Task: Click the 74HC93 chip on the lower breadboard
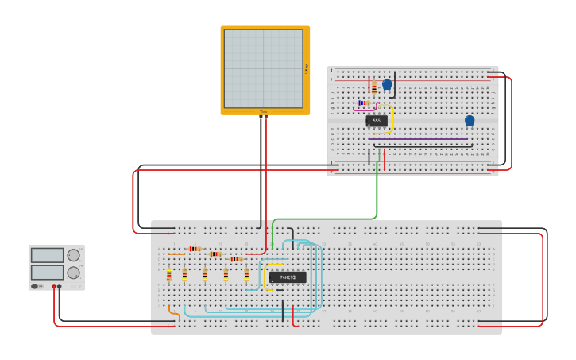(287, 277)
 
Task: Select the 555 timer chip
(377, 121)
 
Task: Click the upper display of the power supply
(47, 255)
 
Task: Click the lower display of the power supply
(47, 273)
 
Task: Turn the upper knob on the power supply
(74, 255)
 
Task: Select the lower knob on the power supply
(74, 273)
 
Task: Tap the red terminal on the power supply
(54, 286)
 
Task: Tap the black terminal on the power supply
(60, 286)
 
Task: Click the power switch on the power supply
(36, 286)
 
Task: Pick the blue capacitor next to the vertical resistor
(387, 84)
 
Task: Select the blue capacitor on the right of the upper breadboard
(470, 121)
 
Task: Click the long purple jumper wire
(421, 139)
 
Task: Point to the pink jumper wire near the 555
(364, 110)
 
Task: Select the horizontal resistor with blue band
(363, 103)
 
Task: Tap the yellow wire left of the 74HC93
(265, 277)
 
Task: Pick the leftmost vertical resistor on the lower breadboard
(168, 275)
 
